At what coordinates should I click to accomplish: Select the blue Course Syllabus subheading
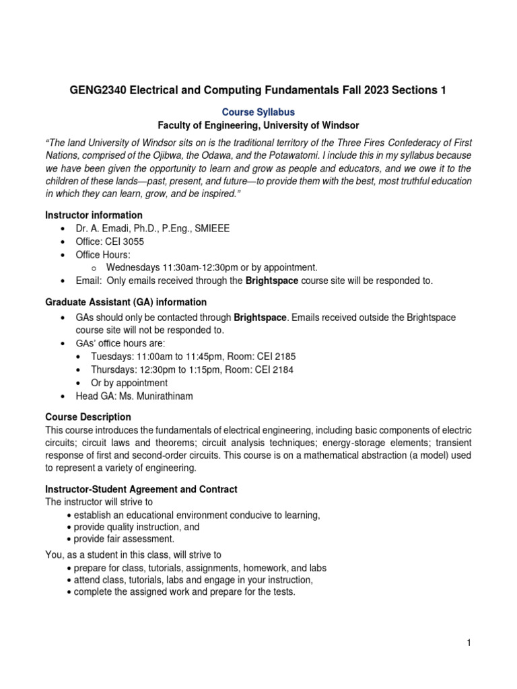pos(258,112)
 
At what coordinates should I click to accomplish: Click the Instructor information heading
pos(94,215)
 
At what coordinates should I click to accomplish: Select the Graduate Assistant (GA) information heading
pos(126,302)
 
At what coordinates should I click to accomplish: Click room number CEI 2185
pos(271,357)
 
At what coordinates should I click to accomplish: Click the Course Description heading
pos(88,417)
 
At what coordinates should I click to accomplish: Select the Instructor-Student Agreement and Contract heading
pos(141,488)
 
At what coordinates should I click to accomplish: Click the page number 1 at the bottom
pos(469,643)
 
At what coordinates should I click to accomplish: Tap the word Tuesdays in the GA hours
pos(110,357)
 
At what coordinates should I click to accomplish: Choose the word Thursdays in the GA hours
pos(112,370)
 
